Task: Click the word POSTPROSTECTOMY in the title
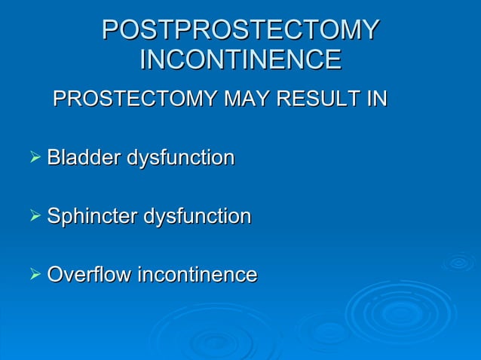coord(240,30)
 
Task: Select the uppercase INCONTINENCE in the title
coord(240,59)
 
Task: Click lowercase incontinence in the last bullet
coord(197,275)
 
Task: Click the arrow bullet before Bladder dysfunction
coord(34,158)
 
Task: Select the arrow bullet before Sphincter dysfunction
coord(34,217)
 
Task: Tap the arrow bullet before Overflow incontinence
coord(34,275)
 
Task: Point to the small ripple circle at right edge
coord(458,262)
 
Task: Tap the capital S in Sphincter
coord(54,217)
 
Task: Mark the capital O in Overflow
coord(55,275)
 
